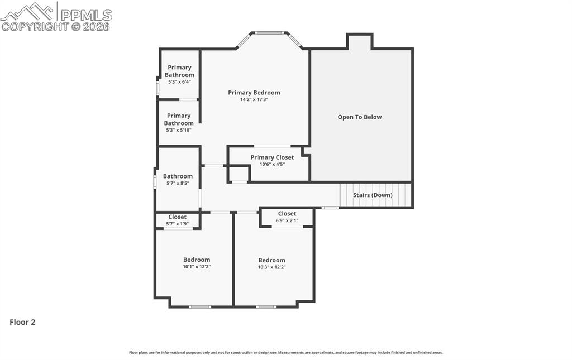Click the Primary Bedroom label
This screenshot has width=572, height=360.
tap(254, 93)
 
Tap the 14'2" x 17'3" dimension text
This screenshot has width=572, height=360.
tap(254, 99)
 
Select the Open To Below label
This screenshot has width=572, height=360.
tap(359, 117)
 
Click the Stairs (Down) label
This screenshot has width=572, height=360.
tap(373, 195)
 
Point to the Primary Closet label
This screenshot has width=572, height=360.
tap(272, 157)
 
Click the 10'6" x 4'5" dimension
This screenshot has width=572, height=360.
tap(272, 164)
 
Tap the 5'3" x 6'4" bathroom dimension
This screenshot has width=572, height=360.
tap(179, 82)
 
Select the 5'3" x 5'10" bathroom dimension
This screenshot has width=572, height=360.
tap(179, 130)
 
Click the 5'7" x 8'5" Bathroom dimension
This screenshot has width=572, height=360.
tap(178, 183)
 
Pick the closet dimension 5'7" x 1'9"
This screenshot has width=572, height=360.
tap(177, 224)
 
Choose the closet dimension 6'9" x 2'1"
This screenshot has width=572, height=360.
tap(287, 220)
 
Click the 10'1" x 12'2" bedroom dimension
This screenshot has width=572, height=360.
tap(197, 267)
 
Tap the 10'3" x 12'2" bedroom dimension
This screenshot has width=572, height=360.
tap(272, 267)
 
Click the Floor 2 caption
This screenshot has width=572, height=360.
tap(22, 322)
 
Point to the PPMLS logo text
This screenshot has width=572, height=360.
tap(86, 15)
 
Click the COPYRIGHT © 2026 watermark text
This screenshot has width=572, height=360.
tap(55, 27)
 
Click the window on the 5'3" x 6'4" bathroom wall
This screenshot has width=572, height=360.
tap(158, 88)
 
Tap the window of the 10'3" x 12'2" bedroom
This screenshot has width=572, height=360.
tap(266, 307)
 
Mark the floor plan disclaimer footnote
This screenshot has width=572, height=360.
tap(286, 352)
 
